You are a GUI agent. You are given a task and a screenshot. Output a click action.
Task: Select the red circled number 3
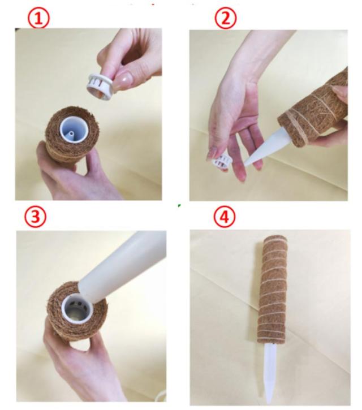click(x=35, y=216)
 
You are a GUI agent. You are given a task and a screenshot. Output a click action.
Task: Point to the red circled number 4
click(x=225, y=216)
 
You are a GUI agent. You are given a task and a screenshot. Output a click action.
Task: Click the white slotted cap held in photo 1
click(x=100, y=87)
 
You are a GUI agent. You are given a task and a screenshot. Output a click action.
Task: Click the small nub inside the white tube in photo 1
click(x=71, y=135)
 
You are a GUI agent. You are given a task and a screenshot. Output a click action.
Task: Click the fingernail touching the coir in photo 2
click(x=338, y=90)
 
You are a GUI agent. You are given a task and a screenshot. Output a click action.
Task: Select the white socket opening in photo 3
click(x=77, y=309)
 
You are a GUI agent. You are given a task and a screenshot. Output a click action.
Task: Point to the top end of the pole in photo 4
click(x=275, y=239)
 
